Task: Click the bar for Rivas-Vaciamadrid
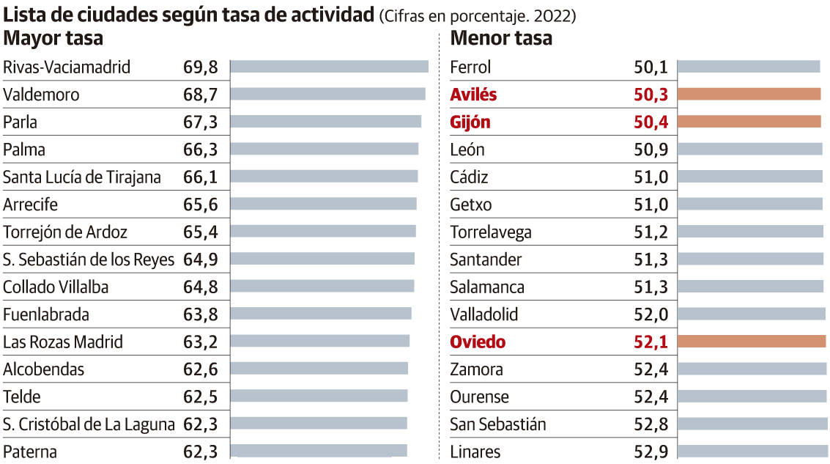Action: [x=329, y=67]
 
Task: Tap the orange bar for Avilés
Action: [x=749, y=95]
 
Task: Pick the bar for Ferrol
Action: [x=748, y=67]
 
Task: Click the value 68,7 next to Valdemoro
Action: [x=201, y=95]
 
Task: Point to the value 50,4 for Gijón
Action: [x=651, y=122]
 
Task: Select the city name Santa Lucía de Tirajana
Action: [x=82, y=177]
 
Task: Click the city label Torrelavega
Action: [x=491, y=232]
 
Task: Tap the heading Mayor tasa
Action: [x=53, y=38]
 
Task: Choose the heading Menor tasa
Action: [x=501, y=38]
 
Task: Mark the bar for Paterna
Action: [x=319, y=451]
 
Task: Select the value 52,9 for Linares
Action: [x=651, y=451]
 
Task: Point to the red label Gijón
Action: [x=470, y=122]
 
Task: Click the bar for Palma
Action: [x=324, y=150]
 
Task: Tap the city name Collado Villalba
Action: [x=56, y=287]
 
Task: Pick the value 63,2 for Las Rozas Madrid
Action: [x=201, y=342]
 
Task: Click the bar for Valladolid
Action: [x=751, y=314]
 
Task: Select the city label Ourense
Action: [x=479, y=397]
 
